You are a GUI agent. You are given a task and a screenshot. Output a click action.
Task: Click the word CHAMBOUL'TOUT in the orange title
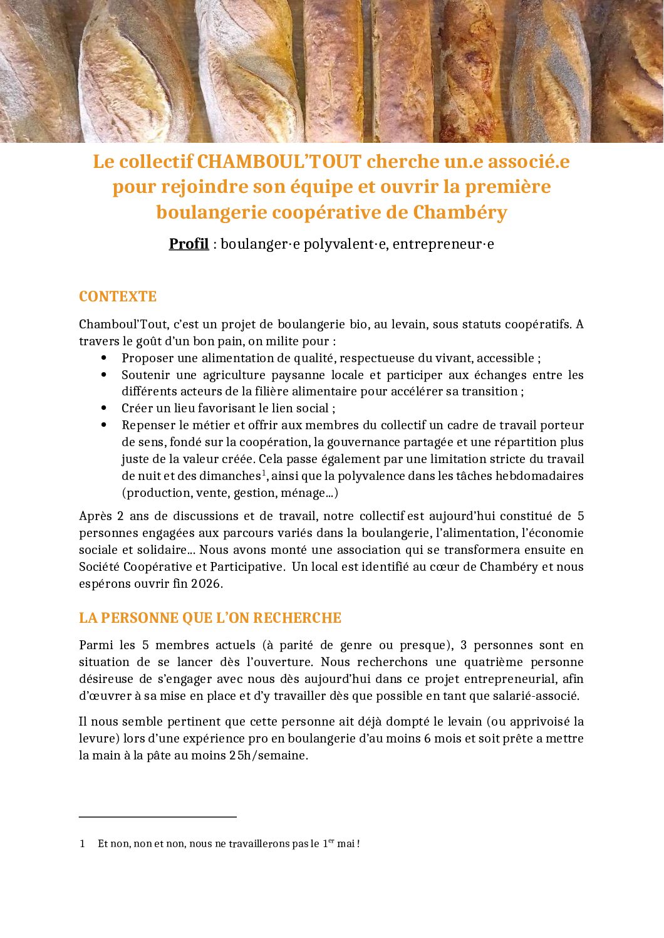coord(279,162)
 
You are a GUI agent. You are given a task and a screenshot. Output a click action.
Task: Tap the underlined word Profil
coord(189,244)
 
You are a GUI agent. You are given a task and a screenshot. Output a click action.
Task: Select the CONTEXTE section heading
coord(118,296)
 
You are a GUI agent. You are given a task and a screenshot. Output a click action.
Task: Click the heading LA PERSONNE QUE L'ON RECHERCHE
coord(210,618)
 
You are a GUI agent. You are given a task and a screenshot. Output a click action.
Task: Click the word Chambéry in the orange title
coord(460,212)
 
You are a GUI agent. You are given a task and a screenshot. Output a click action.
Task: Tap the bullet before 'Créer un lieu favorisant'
coord(104,408)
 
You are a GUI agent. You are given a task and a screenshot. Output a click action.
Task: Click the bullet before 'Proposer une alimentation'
coord(104,358)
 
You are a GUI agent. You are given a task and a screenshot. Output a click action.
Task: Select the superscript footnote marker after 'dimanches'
coord(264,472)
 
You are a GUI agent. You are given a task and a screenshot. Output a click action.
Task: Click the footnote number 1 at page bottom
coord(82,843)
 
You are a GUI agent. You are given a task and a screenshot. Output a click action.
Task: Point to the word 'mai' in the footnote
coord(345,843)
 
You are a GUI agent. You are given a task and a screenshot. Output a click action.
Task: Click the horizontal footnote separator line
coord(158,817)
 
